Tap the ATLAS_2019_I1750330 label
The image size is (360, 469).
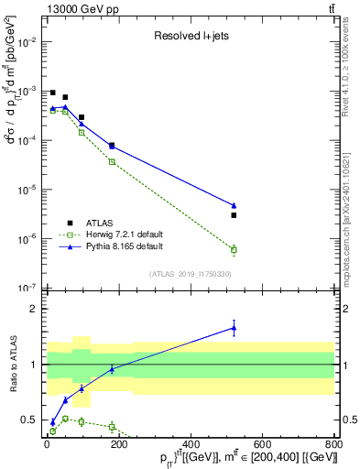pyautogui.click(x=190, y=274)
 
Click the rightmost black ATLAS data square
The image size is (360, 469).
pyautogui.click(x=234, y=215)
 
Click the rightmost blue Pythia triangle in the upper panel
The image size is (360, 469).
pyautogui.click(x=234, y=205)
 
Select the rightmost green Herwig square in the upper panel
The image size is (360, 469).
pyautogui.click(x=234, y=249)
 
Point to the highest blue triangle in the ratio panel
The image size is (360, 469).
pyautogui.click(x=234, y=327)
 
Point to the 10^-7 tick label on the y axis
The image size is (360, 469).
pyautogui.click(x=28, y=288)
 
